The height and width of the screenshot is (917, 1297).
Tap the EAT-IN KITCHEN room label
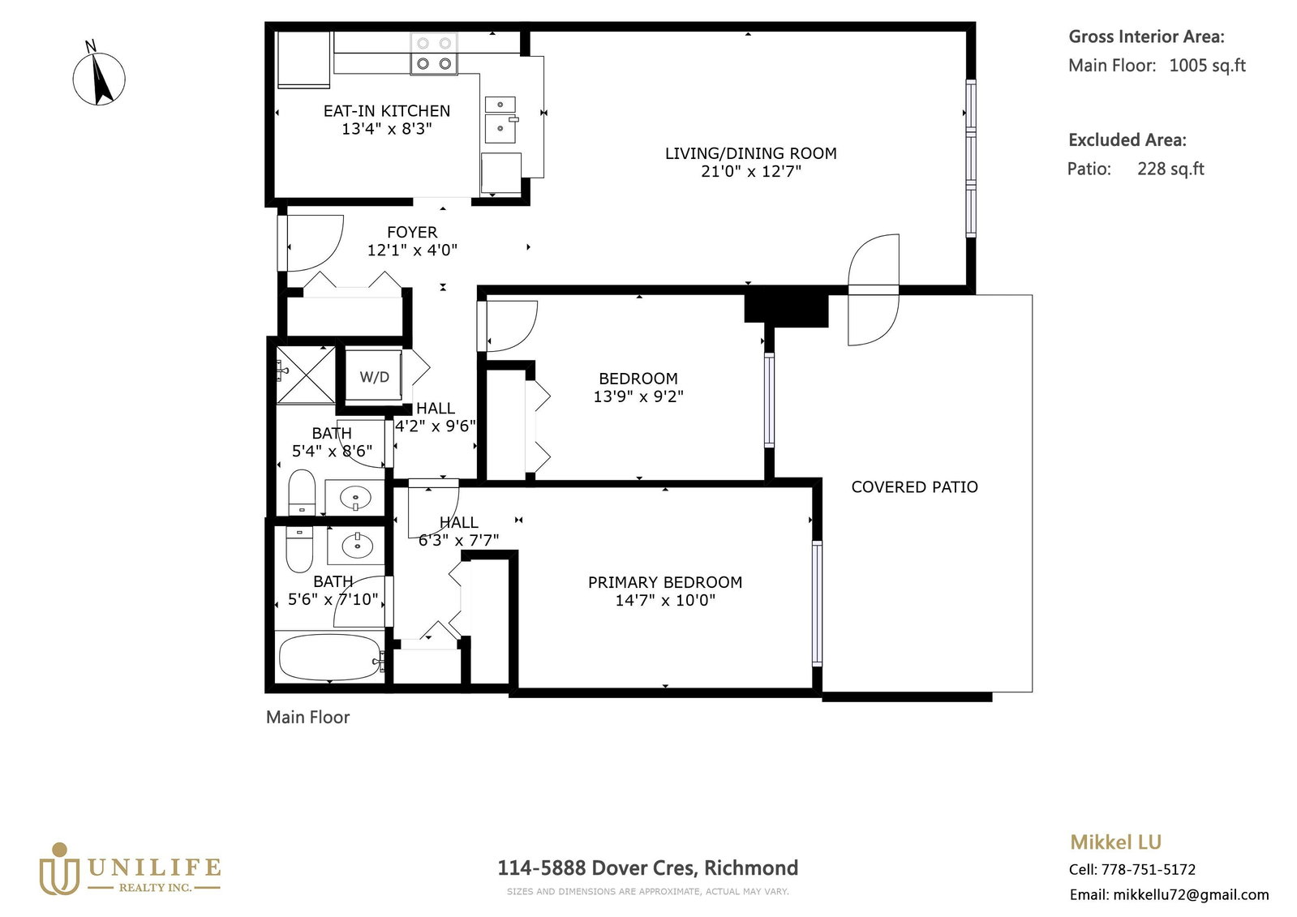[387, 110]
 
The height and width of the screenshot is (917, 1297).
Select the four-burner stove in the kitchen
[434, 54]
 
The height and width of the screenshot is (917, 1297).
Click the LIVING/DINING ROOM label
[751, 153]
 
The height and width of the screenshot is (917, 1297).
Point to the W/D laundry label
[374, 378]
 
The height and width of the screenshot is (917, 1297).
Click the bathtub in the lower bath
[330, 658]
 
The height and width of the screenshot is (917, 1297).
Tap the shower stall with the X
[306, 375]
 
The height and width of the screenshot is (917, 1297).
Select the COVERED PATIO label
[914, 486]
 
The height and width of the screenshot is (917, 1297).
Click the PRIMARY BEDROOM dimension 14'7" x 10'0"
[665, 600]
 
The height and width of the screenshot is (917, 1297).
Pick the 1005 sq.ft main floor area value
[1207, 66]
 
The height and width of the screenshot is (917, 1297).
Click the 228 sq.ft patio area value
[1170, 169]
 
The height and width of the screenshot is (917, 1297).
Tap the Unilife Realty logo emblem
[59, 869]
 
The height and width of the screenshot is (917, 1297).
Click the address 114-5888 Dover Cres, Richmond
[648, 868]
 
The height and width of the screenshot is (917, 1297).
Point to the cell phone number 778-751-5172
[1149, 869]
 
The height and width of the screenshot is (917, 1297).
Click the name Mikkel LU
[1116, 842]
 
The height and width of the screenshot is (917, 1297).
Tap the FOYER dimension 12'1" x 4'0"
[412, 251]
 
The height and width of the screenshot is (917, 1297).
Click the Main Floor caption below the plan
[307, 718]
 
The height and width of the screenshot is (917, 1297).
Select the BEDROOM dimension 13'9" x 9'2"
[638, 396]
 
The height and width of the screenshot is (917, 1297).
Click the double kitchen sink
[500, 120]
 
